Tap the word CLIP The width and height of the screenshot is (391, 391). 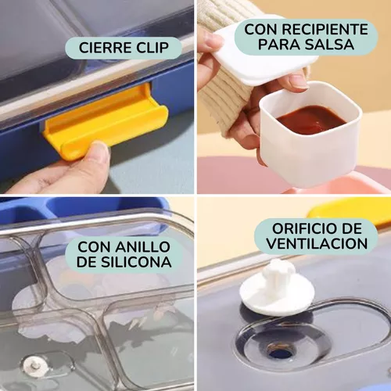click(x=152, y=48)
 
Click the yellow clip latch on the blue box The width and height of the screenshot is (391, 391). click(x=106, y=120)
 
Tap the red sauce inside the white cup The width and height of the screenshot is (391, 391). click(x=311, y=119)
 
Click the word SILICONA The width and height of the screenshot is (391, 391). click(x=136, y=262)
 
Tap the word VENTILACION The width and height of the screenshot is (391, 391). click(x=317, y=244)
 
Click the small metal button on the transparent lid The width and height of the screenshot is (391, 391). click(x=34, y=364)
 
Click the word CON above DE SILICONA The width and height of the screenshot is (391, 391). click(x=94, y=246)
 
